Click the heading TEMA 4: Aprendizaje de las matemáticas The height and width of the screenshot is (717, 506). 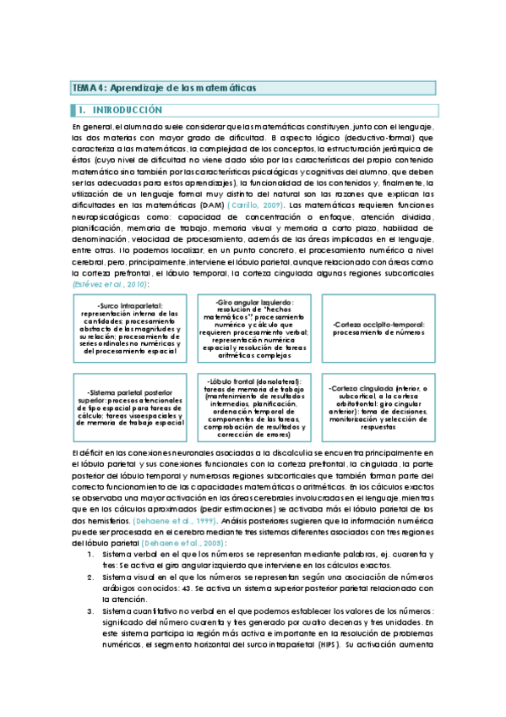[x=164, y=88]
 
